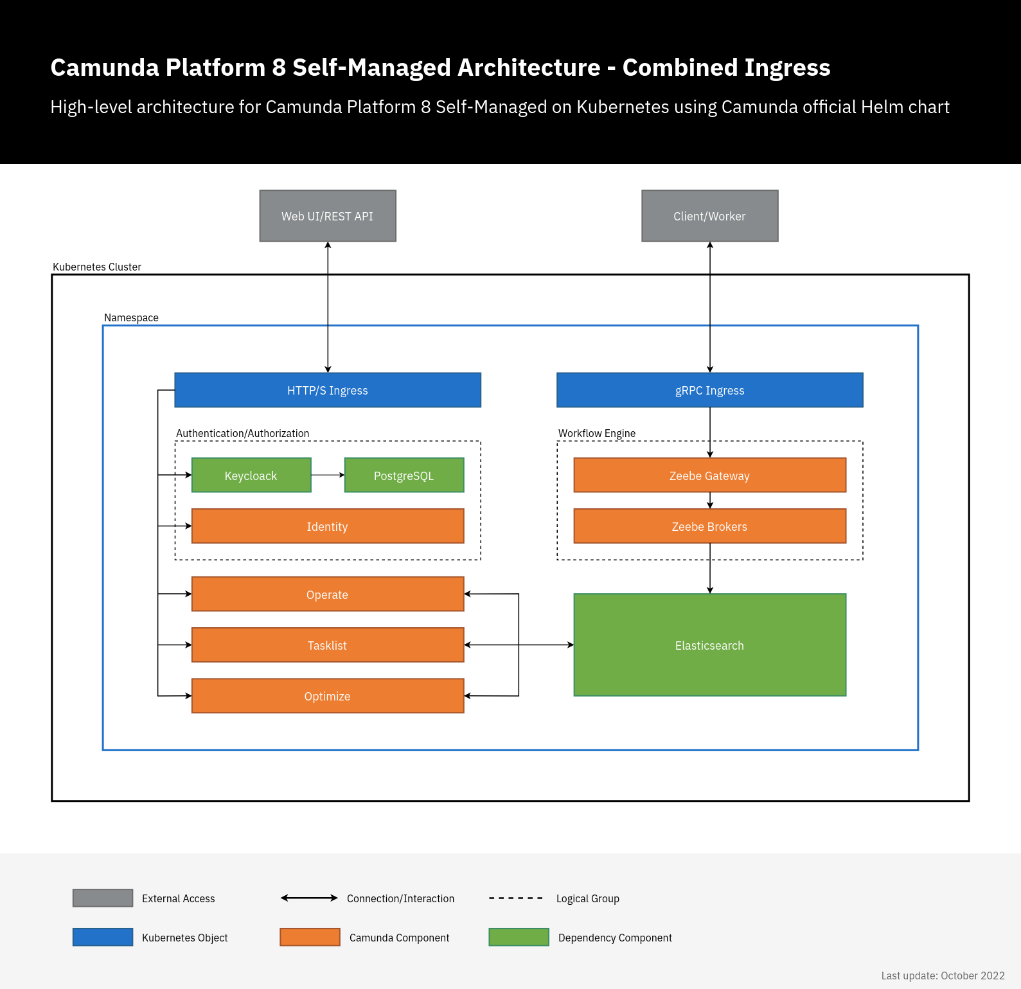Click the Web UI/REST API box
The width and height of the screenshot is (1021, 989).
(x=328, y=216)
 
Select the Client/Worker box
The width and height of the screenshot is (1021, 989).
(x=709, y=216)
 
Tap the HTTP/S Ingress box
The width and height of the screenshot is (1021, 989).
(x=328, y=390)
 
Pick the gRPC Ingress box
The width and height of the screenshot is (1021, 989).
(x=709, y=390)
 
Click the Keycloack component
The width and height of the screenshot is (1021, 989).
(x=251, y=476)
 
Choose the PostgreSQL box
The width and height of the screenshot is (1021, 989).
(x=404, y=476)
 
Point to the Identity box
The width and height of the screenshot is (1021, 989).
(x=328, y=526)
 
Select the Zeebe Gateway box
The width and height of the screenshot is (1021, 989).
(x=709, y=476)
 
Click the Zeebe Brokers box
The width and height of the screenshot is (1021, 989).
(x=709, y=526)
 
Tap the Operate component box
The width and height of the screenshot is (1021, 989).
(x=328, y=594)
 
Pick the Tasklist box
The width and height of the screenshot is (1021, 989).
(x=328, y=645)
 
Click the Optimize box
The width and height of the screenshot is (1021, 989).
(x=328, y=696)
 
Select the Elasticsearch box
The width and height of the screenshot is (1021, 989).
(x=709, y=645)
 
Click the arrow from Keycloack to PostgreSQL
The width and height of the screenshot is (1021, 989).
(x=328, y=475)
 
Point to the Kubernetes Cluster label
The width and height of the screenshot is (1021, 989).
(x=97, y=267)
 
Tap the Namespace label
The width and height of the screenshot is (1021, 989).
(x=131, y=317)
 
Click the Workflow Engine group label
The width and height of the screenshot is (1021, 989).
(x=597, y=433)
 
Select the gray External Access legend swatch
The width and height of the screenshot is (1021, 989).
(x=103, y=898)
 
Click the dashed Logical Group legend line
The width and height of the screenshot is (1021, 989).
(x=516, y=898)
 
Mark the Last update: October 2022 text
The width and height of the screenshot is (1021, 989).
(x=943, y=976)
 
